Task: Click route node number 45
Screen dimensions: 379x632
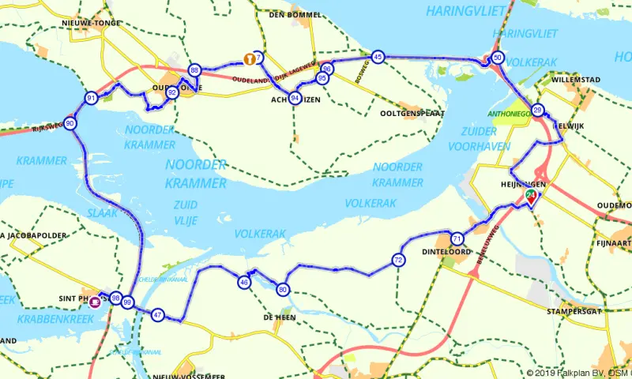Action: (x=378, y=57)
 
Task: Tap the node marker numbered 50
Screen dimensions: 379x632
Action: (x=498, y=58)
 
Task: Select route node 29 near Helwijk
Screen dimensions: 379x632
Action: (x=538, y=110)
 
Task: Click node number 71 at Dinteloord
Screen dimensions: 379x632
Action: (x=457, y=238)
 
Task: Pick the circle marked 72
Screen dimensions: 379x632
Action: (x=398, y=260)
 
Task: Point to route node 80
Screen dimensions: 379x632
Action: (x=284, y=290)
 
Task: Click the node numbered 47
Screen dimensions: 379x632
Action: (x=158, y=315)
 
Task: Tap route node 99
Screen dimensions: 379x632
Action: (x=128, y=302)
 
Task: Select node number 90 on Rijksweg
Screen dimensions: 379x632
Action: (x=71, y=123)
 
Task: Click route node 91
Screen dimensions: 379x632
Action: (x=92, y=98)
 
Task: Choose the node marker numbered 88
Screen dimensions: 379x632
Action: (x=195, y=70)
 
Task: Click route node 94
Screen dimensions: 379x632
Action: (x=295, y=98)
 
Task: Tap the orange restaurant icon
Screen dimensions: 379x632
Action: (x=249, y=58)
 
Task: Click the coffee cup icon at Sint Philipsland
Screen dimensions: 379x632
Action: (x=95, y=300)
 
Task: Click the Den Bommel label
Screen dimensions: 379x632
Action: (x=295, y=14)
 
